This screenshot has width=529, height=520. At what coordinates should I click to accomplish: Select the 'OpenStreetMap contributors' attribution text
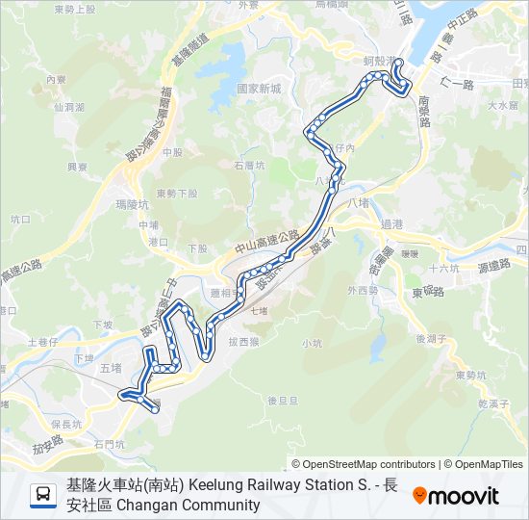point(366,464)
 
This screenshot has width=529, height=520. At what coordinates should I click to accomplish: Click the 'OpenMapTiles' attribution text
point(489,464)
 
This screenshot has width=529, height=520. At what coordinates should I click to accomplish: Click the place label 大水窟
point(502,106)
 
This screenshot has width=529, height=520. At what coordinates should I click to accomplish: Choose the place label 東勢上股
point(75,9)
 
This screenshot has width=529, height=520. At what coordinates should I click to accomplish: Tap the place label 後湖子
point(432,338)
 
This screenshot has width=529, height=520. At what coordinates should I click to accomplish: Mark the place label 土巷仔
point(45,342)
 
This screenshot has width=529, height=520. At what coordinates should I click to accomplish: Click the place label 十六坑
point(443,268)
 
